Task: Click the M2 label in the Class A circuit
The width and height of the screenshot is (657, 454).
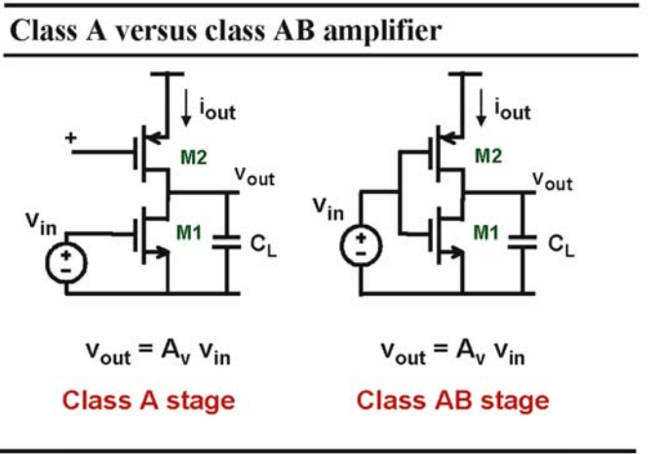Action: tap(194, 158)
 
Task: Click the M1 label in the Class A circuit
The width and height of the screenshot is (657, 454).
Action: tap(189, 233)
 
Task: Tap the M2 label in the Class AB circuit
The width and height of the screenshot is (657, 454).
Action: tap(488, 156)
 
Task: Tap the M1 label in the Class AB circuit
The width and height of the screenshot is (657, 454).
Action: tap(486, 233)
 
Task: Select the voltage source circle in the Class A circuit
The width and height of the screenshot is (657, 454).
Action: tap(66, 263)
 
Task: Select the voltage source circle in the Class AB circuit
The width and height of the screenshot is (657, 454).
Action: tap(361, 246)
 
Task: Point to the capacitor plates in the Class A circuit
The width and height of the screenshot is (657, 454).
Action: tap(227, 242)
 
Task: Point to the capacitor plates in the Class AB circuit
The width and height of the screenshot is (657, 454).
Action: tap(522, 242)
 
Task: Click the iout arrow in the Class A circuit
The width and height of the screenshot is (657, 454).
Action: tap(186, 107)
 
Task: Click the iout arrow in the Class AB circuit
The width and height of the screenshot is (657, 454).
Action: tap(482, 107)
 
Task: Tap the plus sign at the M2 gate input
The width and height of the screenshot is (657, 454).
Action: tap(71, 137)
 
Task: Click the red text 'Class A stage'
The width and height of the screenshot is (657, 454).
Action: tap(149, 400)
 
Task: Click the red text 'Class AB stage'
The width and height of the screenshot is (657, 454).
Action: tap(453, 400)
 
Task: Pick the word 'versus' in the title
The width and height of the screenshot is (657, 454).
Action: tap(155, 32)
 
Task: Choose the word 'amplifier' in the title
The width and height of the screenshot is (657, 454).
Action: tap(382, 32)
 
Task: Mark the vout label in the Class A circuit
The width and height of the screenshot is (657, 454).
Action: tap(254, 176)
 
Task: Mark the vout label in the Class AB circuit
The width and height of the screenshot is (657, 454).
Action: tap(553, 182)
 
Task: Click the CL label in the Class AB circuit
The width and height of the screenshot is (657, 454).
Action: tap(561, 246)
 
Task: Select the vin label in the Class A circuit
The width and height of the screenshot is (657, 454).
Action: tap(41, 224)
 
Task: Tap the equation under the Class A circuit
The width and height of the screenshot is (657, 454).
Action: tap(158, 353)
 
